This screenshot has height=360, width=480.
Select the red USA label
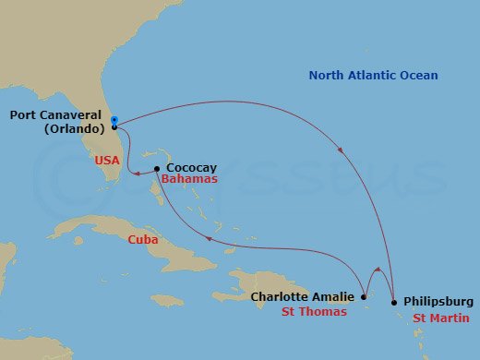click(x=107, y=160)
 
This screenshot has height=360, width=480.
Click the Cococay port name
click(x=191, y=168)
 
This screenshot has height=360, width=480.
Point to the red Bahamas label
click(x=189, y=180)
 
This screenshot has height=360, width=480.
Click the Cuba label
click(x=143, y=239)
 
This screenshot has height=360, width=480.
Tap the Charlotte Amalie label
click(x=303, y=296)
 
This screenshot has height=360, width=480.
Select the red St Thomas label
click(x=314, y=312)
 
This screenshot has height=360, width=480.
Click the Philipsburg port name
click(x=438, y=302)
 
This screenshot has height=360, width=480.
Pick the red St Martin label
click(x=440, y=318)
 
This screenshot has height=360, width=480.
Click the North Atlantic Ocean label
click(x=373, y=76)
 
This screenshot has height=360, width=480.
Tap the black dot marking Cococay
click(x=157, y=168)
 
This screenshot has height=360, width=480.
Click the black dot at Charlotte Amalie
click(x=364, y=297)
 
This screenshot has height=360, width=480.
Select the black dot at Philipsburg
click(x=394, y=302)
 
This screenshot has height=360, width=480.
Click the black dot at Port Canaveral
click(x=114, y=127)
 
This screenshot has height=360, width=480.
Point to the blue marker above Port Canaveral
click(x=114, y=120)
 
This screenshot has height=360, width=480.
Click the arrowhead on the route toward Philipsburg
click(x=342, y=150)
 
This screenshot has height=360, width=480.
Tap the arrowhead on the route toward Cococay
click(x=209, y=238)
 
